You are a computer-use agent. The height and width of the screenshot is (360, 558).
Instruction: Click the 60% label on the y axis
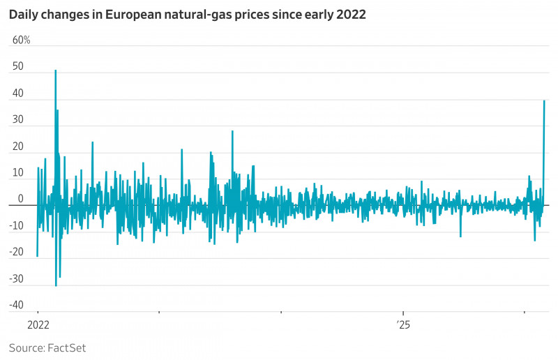(22, 40)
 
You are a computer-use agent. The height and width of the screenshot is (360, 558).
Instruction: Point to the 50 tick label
(18, 67)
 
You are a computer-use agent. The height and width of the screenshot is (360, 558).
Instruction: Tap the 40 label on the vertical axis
(18, 93)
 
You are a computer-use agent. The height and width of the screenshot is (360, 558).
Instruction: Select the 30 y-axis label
(18, 120)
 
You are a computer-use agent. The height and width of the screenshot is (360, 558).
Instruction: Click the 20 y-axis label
(18, 147)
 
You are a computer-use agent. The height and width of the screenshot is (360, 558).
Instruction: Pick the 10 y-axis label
(18, 173)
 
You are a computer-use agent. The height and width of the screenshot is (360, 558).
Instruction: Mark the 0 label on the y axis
(21, 199)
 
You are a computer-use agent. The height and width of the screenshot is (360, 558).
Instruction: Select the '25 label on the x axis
(403, 324)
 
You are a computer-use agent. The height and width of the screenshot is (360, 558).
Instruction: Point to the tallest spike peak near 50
(55, 70)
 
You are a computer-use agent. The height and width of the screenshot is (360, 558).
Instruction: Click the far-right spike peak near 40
(544, 101)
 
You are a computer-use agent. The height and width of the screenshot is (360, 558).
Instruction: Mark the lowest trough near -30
(56, 285)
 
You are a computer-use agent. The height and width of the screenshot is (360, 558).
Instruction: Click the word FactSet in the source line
(67, 347)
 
